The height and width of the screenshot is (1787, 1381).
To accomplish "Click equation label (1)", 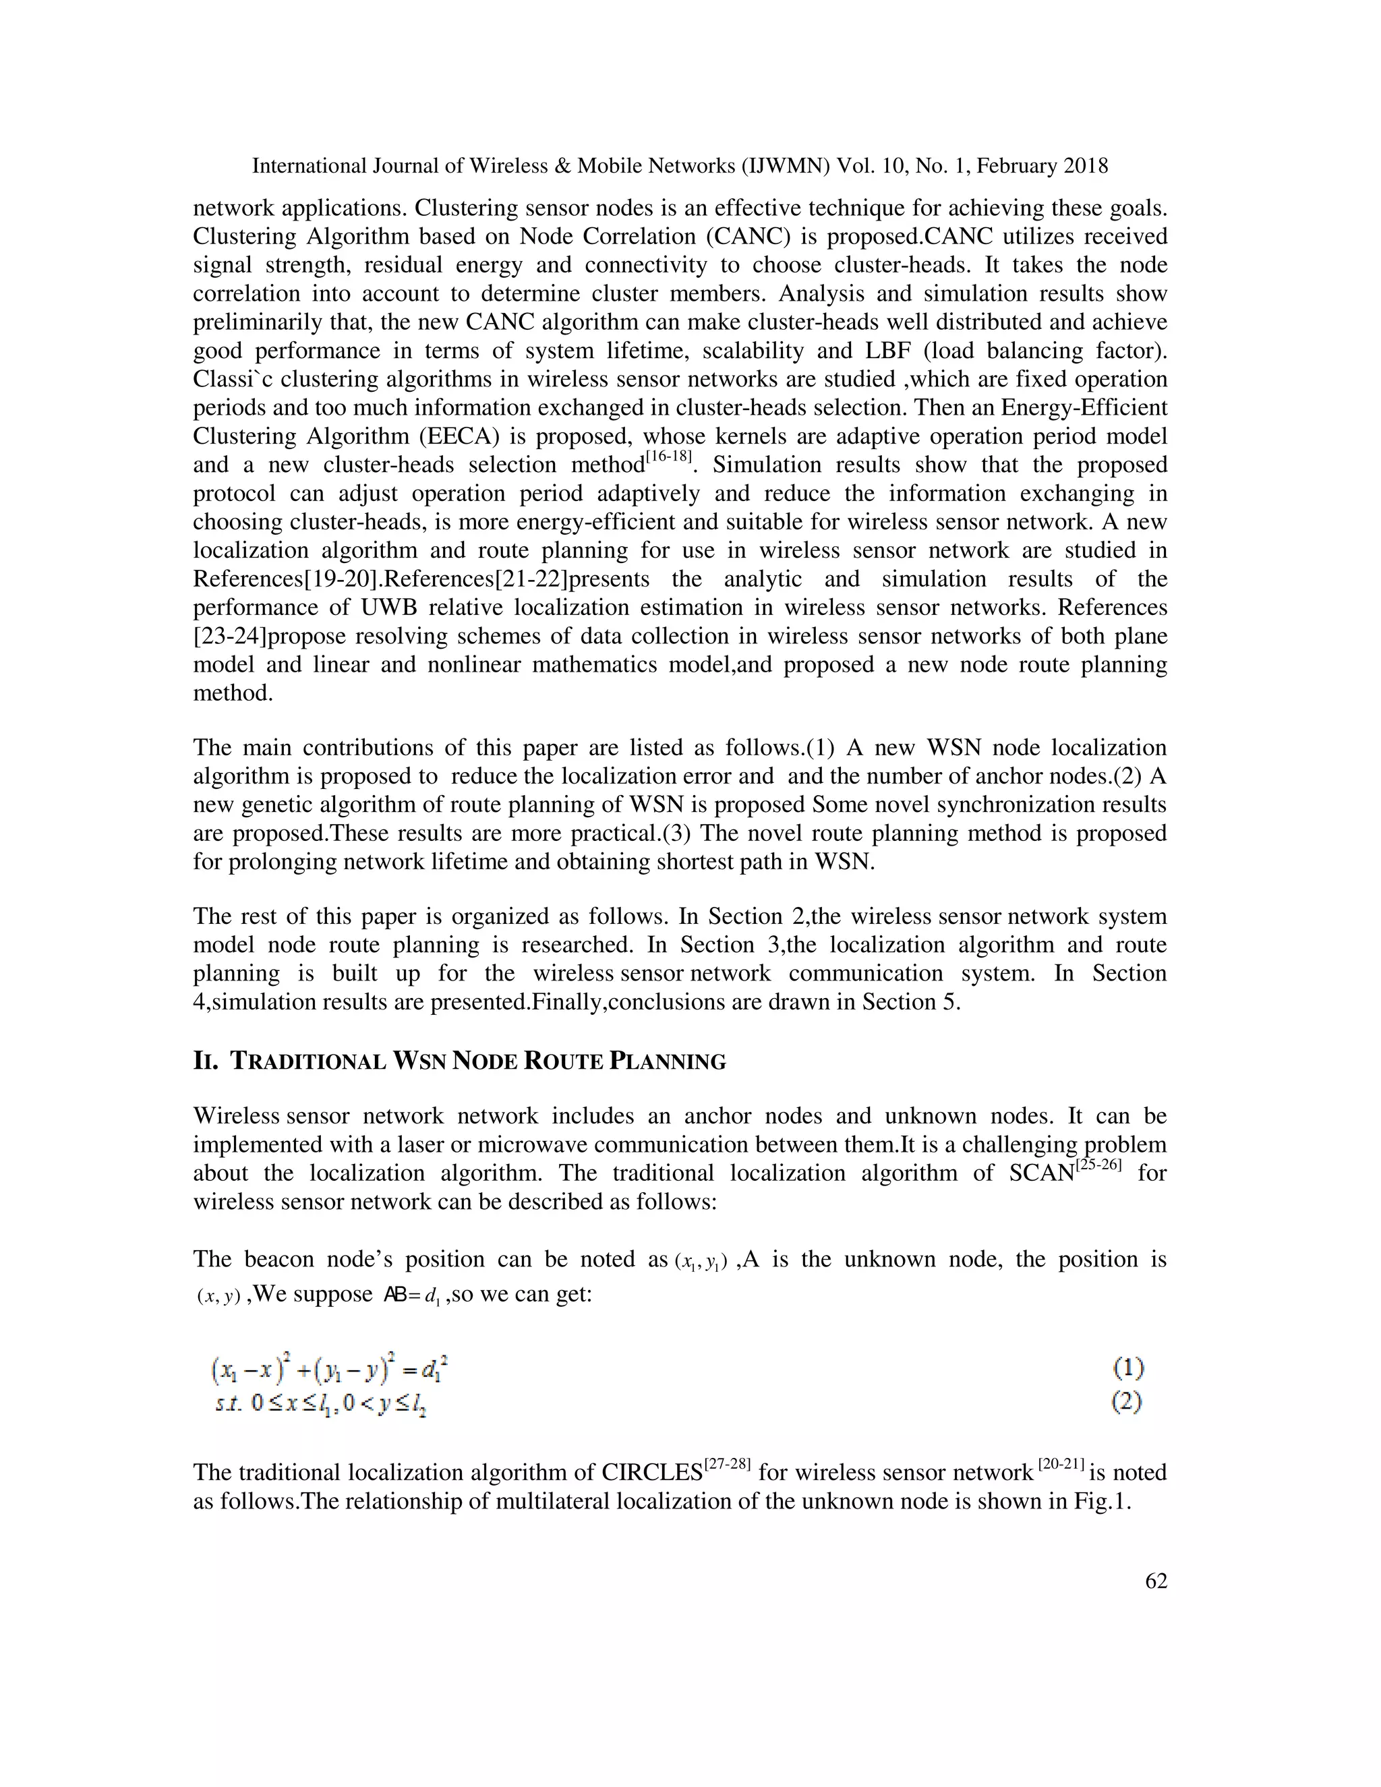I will pyautogui.click(x=1127, y=1368).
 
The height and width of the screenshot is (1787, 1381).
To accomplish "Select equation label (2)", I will pyautogui.click(x=1127, y=1402).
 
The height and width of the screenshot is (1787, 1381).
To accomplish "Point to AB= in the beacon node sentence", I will pyautogui.click(x=401, y=1296).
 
